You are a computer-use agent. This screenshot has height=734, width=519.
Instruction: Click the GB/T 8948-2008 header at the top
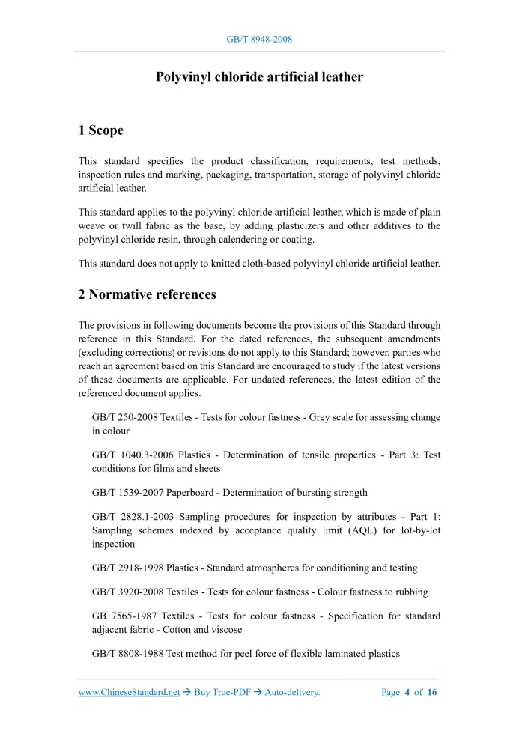point(259,39)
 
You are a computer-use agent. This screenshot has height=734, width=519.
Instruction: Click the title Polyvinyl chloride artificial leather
point(259,77)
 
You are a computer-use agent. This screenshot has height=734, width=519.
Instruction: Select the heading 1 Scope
point(100,130)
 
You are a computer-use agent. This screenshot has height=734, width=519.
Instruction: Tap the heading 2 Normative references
point(147,294)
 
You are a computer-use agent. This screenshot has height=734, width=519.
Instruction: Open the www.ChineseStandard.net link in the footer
point(129,693)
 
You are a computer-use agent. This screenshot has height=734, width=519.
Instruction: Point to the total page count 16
point(432,693)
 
